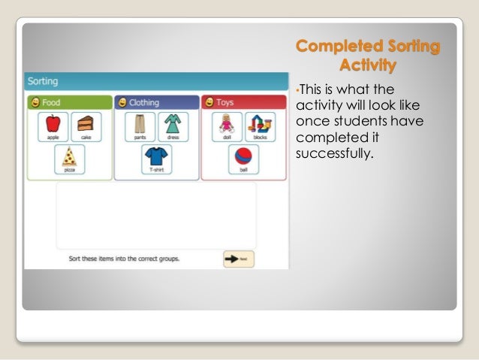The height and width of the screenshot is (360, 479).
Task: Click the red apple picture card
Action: pos(53,127)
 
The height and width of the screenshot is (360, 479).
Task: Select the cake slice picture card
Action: pos(86,127)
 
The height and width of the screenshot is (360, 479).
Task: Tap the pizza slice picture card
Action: pos(69,159)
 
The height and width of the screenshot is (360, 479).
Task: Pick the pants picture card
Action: pos(140,127)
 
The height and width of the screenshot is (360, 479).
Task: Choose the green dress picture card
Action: pos(173,127)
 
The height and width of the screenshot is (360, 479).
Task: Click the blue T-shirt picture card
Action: pos(157,159)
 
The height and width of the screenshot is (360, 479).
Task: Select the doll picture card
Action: pos(226,127)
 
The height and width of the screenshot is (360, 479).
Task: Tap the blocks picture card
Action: pos(260,127)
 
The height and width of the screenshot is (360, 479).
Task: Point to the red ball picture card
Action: pos(243,159)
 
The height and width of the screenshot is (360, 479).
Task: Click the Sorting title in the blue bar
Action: pos(44,80)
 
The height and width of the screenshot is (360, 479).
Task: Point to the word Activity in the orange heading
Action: pos(367,65)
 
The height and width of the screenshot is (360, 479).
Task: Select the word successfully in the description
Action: pos(335,156)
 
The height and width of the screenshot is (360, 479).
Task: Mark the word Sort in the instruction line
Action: pos(67,259)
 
